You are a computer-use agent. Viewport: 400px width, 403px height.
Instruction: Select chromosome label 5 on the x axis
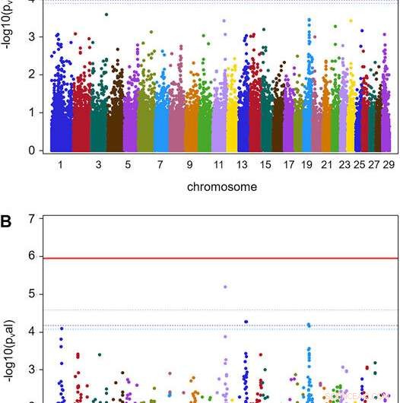pyautogui.click(x=128, y=163)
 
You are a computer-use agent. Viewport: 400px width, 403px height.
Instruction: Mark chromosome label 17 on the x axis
pyautogui.click(x=287, y=163)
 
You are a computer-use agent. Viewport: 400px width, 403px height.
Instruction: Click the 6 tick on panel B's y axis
pyautogui.click(x=31, y=256)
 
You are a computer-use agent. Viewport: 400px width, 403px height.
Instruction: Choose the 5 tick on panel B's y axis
pyautogui.click(x=31, y=294)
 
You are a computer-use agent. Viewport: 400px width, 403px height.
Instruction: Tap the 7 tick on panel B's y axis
pyautogui.click(x=31, y=219)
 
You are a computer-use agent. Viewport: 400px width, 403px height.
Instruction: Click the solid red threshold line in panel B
pyautogui.click(x=221, y=258)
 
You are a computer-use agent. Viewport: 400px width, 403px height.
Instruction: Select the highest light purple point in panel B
pyautogui.click(x=225, y=287)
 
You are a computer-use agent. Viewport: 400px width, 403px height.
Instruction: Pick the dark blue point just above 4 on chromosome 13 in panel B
pyautogui.click(x=246, y=322)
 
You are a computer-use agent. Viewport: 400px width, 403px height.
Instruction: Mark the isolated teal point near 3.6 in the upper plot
pyautogui.click(x=106, y=14)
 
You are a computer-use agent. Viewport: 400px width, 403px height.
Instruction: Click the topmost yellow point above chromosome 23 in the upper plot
pyautogui.click(x=350, y=21)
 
